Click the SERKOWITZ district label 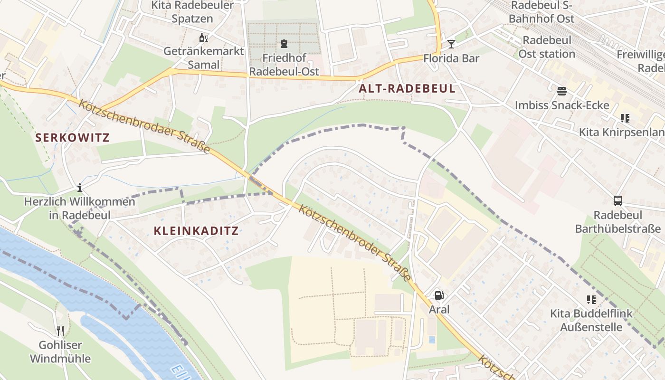(x=72, y=138)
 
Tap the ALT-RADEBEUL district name (x=407, y=88)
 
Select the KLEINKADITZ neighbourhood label (x=196, y=231)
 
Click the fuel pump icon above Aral (x=439, y=295)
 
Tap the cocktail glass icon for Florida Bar (x=451, y=44)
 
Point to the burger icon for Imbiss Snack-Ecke (x=562, y=91)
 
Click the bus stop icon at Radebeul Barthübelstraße (x=617, y=200)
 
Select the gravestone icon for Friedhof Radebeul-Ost (x=284, y=44)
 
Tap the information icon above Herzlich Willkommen (x=80, y=188)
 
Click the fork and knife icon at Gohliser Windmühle (x=60, y=331)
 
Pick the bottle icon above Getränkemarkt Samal (x=203, y=38)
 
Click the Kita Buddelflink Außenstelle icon (x=591, y=299)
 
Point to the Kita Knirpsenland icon (x=625, y=118)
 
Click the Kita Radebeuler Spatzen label (x=192, y=12)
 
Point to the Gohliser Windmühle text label (x=60, y=351)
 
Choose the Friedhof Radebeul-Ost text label (x=284, y=65)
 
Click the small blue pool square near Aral (x=431, y=340)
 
